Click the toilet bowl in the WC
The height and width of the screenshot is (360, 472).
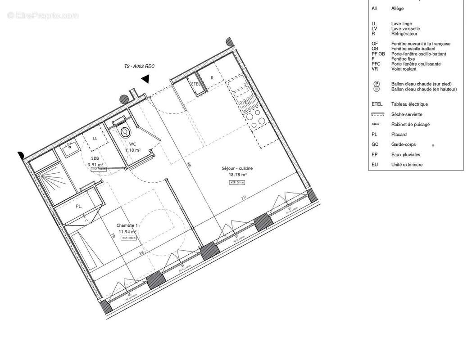(125, 132)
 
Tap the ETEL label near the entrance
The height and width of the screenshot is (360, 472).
(195, 84)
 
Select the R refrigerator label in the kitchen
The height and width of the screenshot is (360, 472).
(212, 78)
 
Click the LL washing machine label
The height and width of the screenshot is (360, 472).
(95, 138)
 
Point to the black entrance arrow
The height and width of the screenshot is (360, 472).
(145, 79)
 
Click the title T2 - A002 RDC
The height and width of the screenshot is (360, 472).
(139, 67)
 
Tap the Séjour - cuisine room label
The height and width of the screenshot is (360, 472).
(234, 169)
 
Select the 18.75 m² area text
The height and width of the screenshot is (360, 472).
(237, 175)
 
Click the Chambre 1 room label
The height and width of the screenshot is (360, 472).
(127, 225)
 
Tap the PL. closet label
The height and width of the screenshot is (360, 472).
(78, 207)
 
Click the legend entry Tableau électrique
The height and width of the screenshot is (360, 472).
(409, 104)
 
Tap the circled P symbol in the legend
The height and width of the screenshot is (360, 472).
(376, 84)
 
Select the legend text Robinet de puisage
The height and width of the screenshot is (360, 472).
(410, 125)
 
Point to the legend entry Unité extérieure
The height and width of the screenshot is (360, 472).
(407, 165)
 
